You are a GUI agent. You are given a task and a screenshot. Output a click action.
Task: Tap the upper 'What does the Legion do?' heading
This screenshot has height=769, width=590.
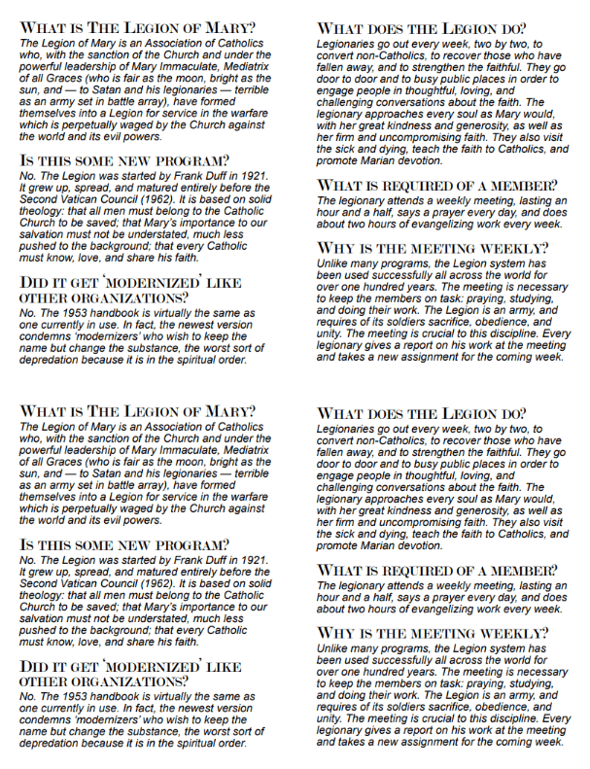pos(422,28)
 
